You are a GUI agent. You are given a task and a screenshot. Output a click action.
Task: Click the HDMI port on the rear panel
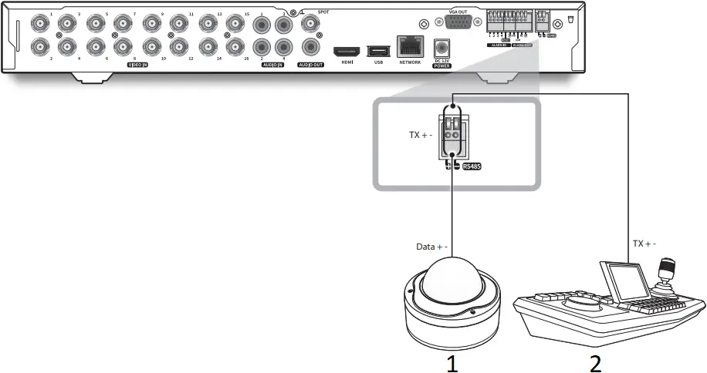tap(345, 51)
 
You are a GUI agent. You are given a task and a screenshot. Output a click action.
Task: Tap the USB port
tap(378, 51)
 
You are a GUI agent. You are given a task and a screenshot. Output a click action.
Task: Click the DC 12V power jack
tap(442, 48)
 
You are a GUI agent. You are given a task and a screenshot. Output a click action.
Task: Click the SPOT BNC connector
tap(312, 25)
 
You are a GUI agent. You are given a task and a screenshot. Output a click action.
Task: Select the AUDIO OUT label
tap(311, 66)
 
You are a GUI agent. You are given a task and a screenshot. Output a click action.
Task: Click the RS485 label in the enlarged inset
tap(472, 165)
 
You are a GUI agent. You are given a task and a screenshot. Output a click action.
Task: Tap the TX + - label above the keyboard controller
tap(644, 243)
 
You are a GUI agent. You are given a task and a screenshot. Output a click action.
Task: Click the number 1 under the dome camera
tap(453, 361)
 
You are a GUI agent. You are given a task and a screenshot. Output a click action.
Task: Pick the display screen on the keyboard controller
tap(624, 280)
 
